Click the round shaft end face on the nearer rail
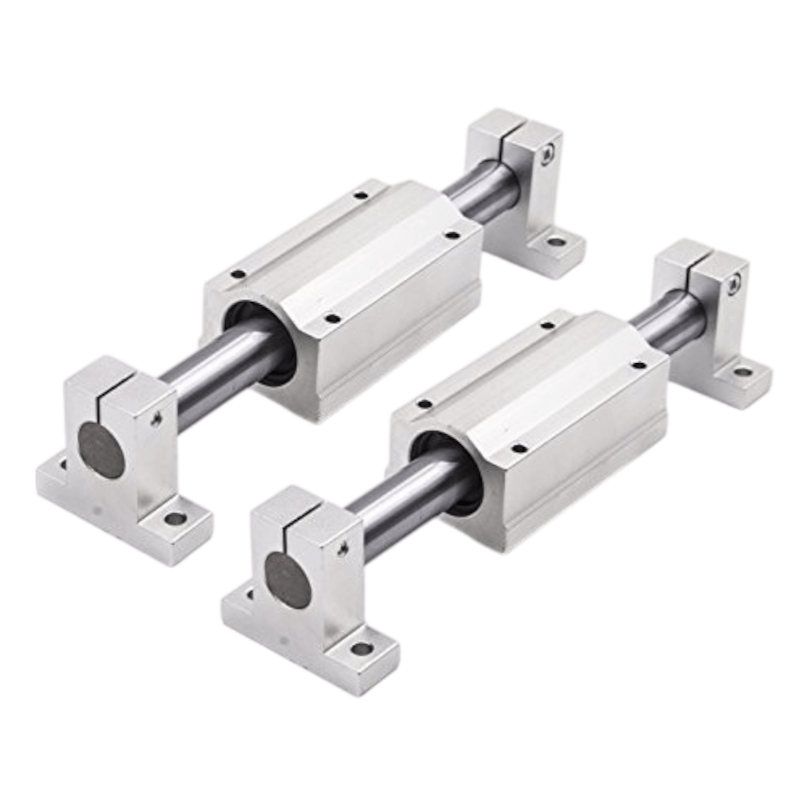[x=288, y=580]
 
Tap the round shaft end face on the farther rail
[x=102, y=450]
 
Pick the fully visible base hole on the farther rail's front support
[x=175, y=518]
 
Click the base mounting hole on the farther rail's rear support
[x=556, y=241]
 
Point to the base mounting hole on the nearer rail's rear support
[x=742, y=372]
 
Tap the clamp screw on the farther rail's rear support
[x=548, y=153]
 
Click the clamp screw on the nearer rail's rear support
[x=734, y=284]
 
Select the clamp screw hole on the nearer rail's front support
[x=342, y=550]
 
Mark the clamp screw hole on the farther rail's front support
[x=156, y=419]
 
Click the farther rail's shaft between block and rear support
[x=476, y=194]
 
